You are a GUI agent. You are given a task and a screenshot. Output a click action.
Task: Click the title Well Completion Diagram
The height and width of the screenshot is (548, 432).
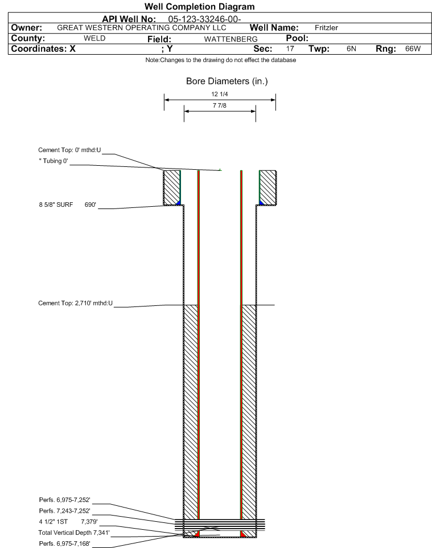[199, 7]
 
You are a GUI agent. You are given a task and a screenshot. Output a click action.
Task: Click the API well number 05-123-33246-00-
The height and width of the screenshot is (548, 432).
[205, 19]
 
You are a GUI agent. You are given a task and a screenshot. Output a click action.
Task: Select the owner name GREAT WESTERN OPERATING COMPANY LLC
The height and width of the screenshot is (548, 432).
[142, 27]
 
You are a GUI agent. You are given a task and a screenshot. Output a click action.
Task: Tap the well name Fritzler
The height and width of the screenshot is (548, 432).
[326, 27]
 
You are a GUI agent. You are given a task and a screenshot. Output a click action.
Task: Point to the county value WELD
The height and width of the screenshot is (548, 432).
[94, 38]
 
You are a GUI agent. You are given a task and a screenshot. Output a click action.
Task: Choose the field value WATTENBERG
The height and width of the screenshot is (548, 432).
[231, 39]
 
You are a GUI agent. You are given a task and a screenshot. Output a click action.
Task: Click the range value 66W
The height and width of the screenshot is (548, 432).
[413, 48]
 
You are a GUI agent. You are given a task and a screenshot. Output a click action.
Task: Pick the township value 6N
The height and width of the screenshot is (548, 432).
[351, 48]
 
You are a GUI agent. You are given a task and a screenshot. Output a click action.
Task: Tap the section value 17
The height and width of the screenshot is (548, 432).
[290, 48]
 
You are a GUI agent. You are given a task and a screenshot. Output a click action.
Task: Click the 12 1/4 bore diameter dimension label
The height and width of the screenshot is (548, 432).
[220, 94]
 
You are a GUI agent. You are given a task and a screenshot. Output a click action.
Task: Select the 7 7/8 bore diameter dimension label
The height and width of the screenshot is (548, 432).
[220, 105]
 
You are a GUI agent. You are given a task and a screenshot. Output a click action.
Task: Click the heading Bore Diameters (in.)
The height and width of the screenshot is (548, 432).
[227, 81]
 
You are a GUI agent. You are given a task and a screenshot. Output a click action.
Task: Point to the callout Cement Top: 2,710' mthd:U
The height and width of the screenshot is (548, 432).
[76, 303]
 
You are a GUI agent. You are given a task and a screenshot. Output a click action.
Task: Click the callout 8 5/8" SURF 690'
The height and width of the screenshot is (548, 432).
[67, 205]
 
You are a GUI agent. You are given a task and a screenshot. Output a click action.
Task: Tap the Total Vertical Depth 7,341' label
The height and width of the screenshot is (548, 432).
[74, 533]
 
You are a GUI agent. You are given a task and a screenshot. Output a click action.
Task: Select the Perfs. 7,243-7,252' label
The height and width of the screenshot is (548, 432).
[65, 510]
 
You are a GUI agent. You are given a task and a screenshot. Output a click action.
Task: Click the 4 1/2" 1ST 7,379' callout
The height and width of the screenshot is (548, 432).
[68, 522]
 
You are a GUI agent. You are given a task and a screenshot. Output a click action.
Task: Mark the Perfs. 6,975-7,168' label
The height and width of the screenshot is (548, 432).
[65, 543]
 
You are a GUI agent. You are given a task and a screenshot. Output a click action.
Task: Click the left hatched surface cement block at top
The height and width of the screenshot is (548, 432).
[171, 187]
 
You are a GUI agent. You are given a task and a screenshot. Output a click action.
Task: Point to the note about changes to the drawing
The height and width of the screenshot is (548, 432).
[221, 60]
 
